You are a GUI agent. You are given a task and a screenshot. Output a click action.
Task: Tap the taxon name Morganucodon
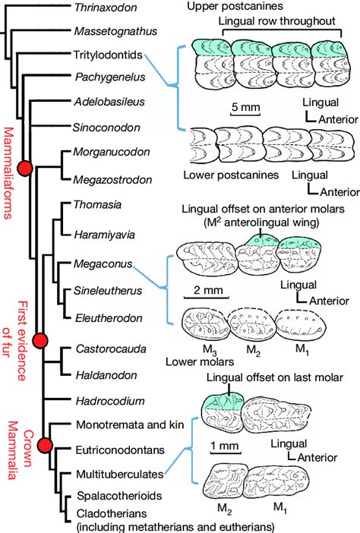108,153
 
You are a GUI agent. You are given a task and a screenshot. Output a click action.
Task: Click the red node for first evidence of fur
41,342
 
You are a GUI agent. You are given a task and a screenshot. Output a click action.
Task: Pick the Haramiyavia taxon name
105,235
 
